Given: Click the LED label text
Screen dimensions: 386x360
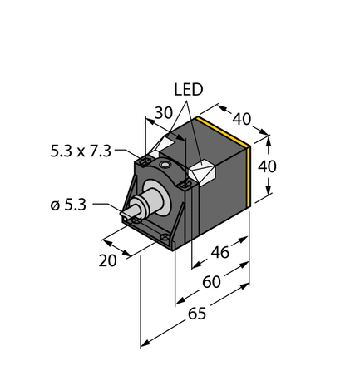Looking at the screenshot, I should (187, 88).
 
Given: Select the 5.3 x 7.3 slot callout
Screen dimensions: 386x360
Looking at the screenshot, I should (83, 152).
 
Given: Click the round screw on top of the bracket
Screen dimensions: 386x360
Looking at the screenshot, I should (166, 166).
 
